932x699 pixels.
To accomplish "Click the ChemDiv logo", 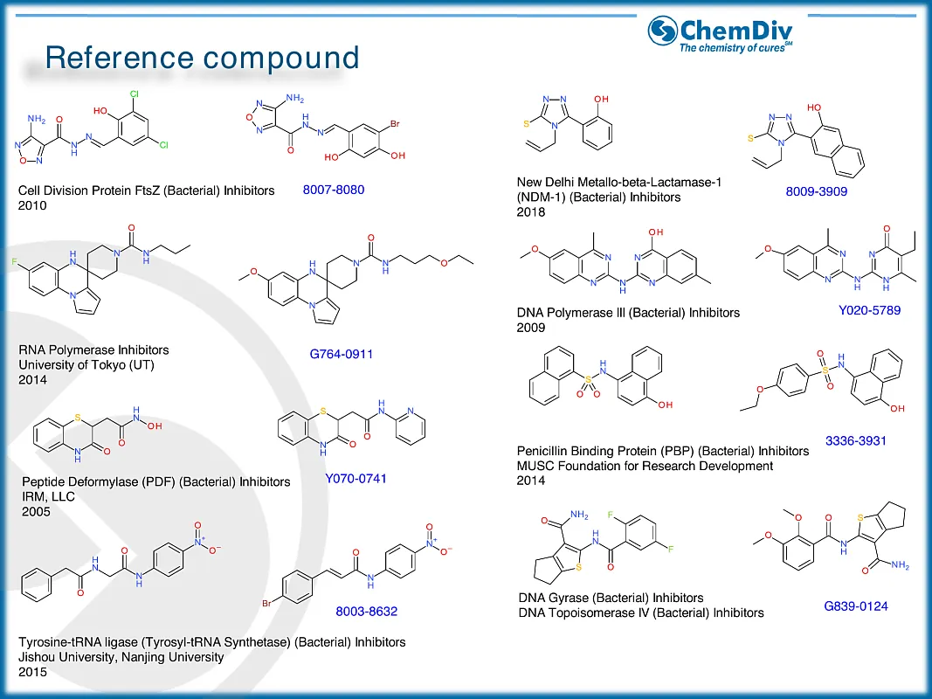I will [721, 33].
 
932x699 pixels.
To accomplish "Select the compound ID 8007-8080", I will [333, 189].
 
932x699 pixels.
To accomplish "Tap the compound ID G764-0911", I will [349, 354].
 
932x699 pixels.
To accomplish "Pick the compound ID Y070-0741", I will [356, 478].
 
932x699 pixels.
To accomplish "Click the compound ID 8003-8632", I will [366, 612].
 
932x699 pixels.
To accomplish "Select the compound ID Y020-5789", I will [868, 310].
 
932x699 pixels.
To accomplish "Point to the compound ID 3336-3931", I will [855, 440].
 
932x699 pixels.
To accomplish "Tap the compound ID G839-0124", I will [855, 606].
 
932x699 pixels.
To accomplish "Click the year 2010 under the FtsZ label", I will [32, 205].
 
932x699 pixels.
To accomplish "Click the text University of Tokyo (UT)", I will [86, 364].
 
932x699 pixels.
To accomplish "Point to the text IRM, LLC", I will [48, 496].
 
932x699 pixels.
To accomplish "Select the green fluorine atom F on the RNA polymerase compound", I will [14, 261].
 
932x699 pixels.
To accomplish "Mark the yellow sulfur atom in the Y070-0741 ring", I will [323, 409].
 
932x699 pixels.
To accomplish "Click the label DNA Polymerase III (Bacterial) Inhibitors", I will [627, 312].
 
